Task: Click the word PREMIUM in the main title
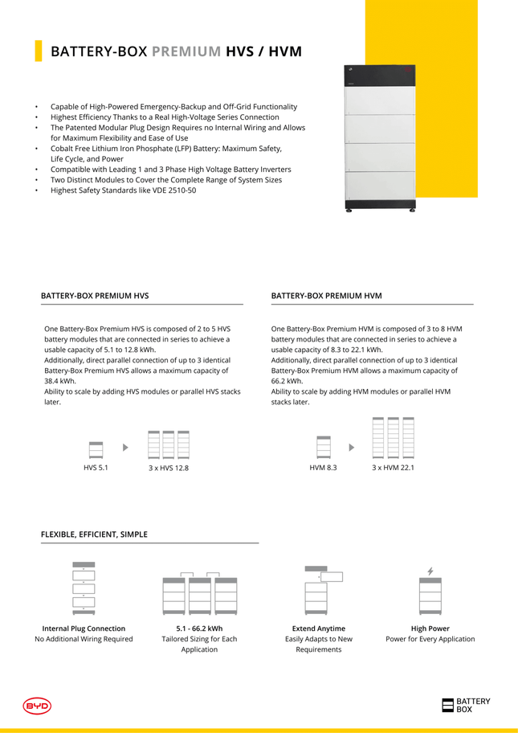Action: click(x=186, y=51)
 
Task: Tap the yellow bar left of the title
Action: click(x=38, y=51)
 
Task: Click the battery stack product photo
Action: click(x=381, y=138)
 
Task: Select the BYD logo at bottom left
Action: click(x=37, y=706)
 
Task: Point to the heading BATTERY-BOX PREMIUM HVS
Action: click(x=95, y=296)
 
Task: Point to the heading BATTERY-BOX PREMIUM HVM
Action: click(x=327, y=296)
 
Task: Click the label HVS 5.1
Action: click(x=96, y=468)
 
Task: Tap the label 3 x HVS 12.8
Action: click(x=169, y=468)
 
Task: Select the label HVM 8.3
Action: click(x=323, y=468)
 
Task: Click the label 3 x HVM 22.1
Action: click(x=393, y=468)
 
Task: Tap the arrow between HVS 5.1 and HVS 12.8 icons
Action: click(x=125, y=446)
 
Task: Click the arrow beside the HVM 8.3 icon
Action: click(x=351, y=446)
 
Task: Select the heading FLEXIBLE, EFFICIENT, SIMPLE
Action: click(x=94, y=534)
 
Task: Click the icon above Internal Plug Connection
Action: click(x=84, y=588)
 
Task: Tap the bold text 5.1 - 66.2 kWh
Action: click(x=199, y=629)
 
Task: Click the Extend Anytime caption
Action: click(x=319, y=629)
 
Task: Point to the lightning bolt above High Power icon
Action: click(x=430, y=571)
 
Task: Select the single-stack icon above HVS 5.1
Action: click(x=96, y=448)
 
